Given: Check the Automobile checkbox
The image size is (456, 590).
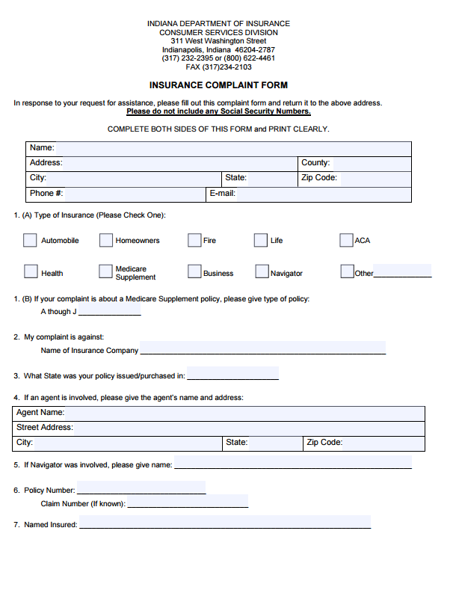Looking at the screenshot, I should point(30,240).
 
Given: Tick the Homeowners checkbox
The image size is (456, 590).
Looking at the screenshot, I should point(106,240).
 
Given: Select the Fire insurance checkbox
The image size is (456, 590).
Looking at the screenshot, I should point(194,240).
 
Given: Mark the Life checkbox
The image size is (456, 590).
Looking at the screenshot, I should point(260,240).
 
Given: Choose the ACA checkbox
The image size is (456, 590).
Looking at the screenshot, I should point(346,240).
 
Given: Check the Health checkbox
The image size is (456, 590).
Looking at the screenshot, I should point(31,271).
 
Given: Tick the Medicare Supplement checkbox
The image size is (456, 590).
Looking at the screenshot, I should point(105,271).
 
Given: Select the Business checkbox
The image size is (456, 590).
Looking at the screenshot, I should point(194,271).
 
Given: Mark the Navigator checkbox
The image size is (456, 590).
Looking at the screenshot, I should point(262,271).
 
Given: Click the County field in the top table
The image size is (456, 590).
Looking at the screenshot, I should point(370,163).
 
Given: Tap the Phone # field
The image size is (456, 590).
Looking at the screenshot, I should point(135,194).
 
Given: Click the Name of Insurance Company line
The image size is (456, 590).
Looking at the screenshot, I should point(262,348).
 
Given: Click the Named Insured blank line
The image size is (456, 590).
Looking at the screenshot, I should point(224,523).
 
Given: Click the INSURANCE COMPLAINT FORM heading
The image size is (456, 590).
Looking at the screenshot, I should point(218,85).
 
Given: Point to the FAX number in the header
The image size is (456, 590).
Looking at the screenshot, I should point(218,67).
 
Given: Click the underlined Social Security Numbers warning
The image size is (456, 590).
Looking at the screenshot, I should point(218,111).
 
